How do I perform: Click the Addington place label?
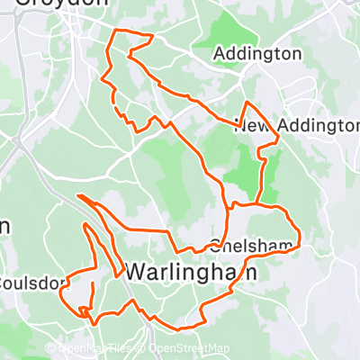pos(257,55)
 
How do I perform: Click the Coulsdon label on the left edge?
pos(32,283)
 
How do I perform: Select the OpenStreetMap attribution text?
pos(188,348)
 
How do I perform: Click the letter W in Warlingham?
pos(135,271)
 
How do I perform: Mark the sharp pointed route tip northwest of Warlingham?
pos(78,195)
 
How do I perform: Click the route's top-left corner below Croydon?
pos(112,31)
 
